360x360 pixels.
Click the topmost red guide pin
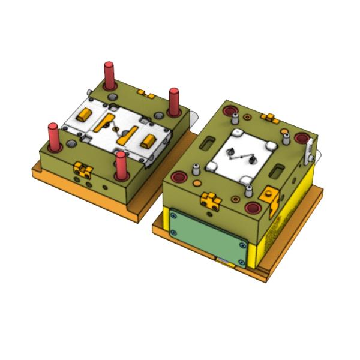[x=109, y=74]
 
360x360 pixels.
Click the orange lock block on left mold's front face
[x=82, y=170]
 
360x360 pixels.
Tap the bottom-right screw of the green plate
[x=241, y=262]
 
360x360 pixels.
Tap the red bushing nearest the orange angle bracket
[x=253, y=208]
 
